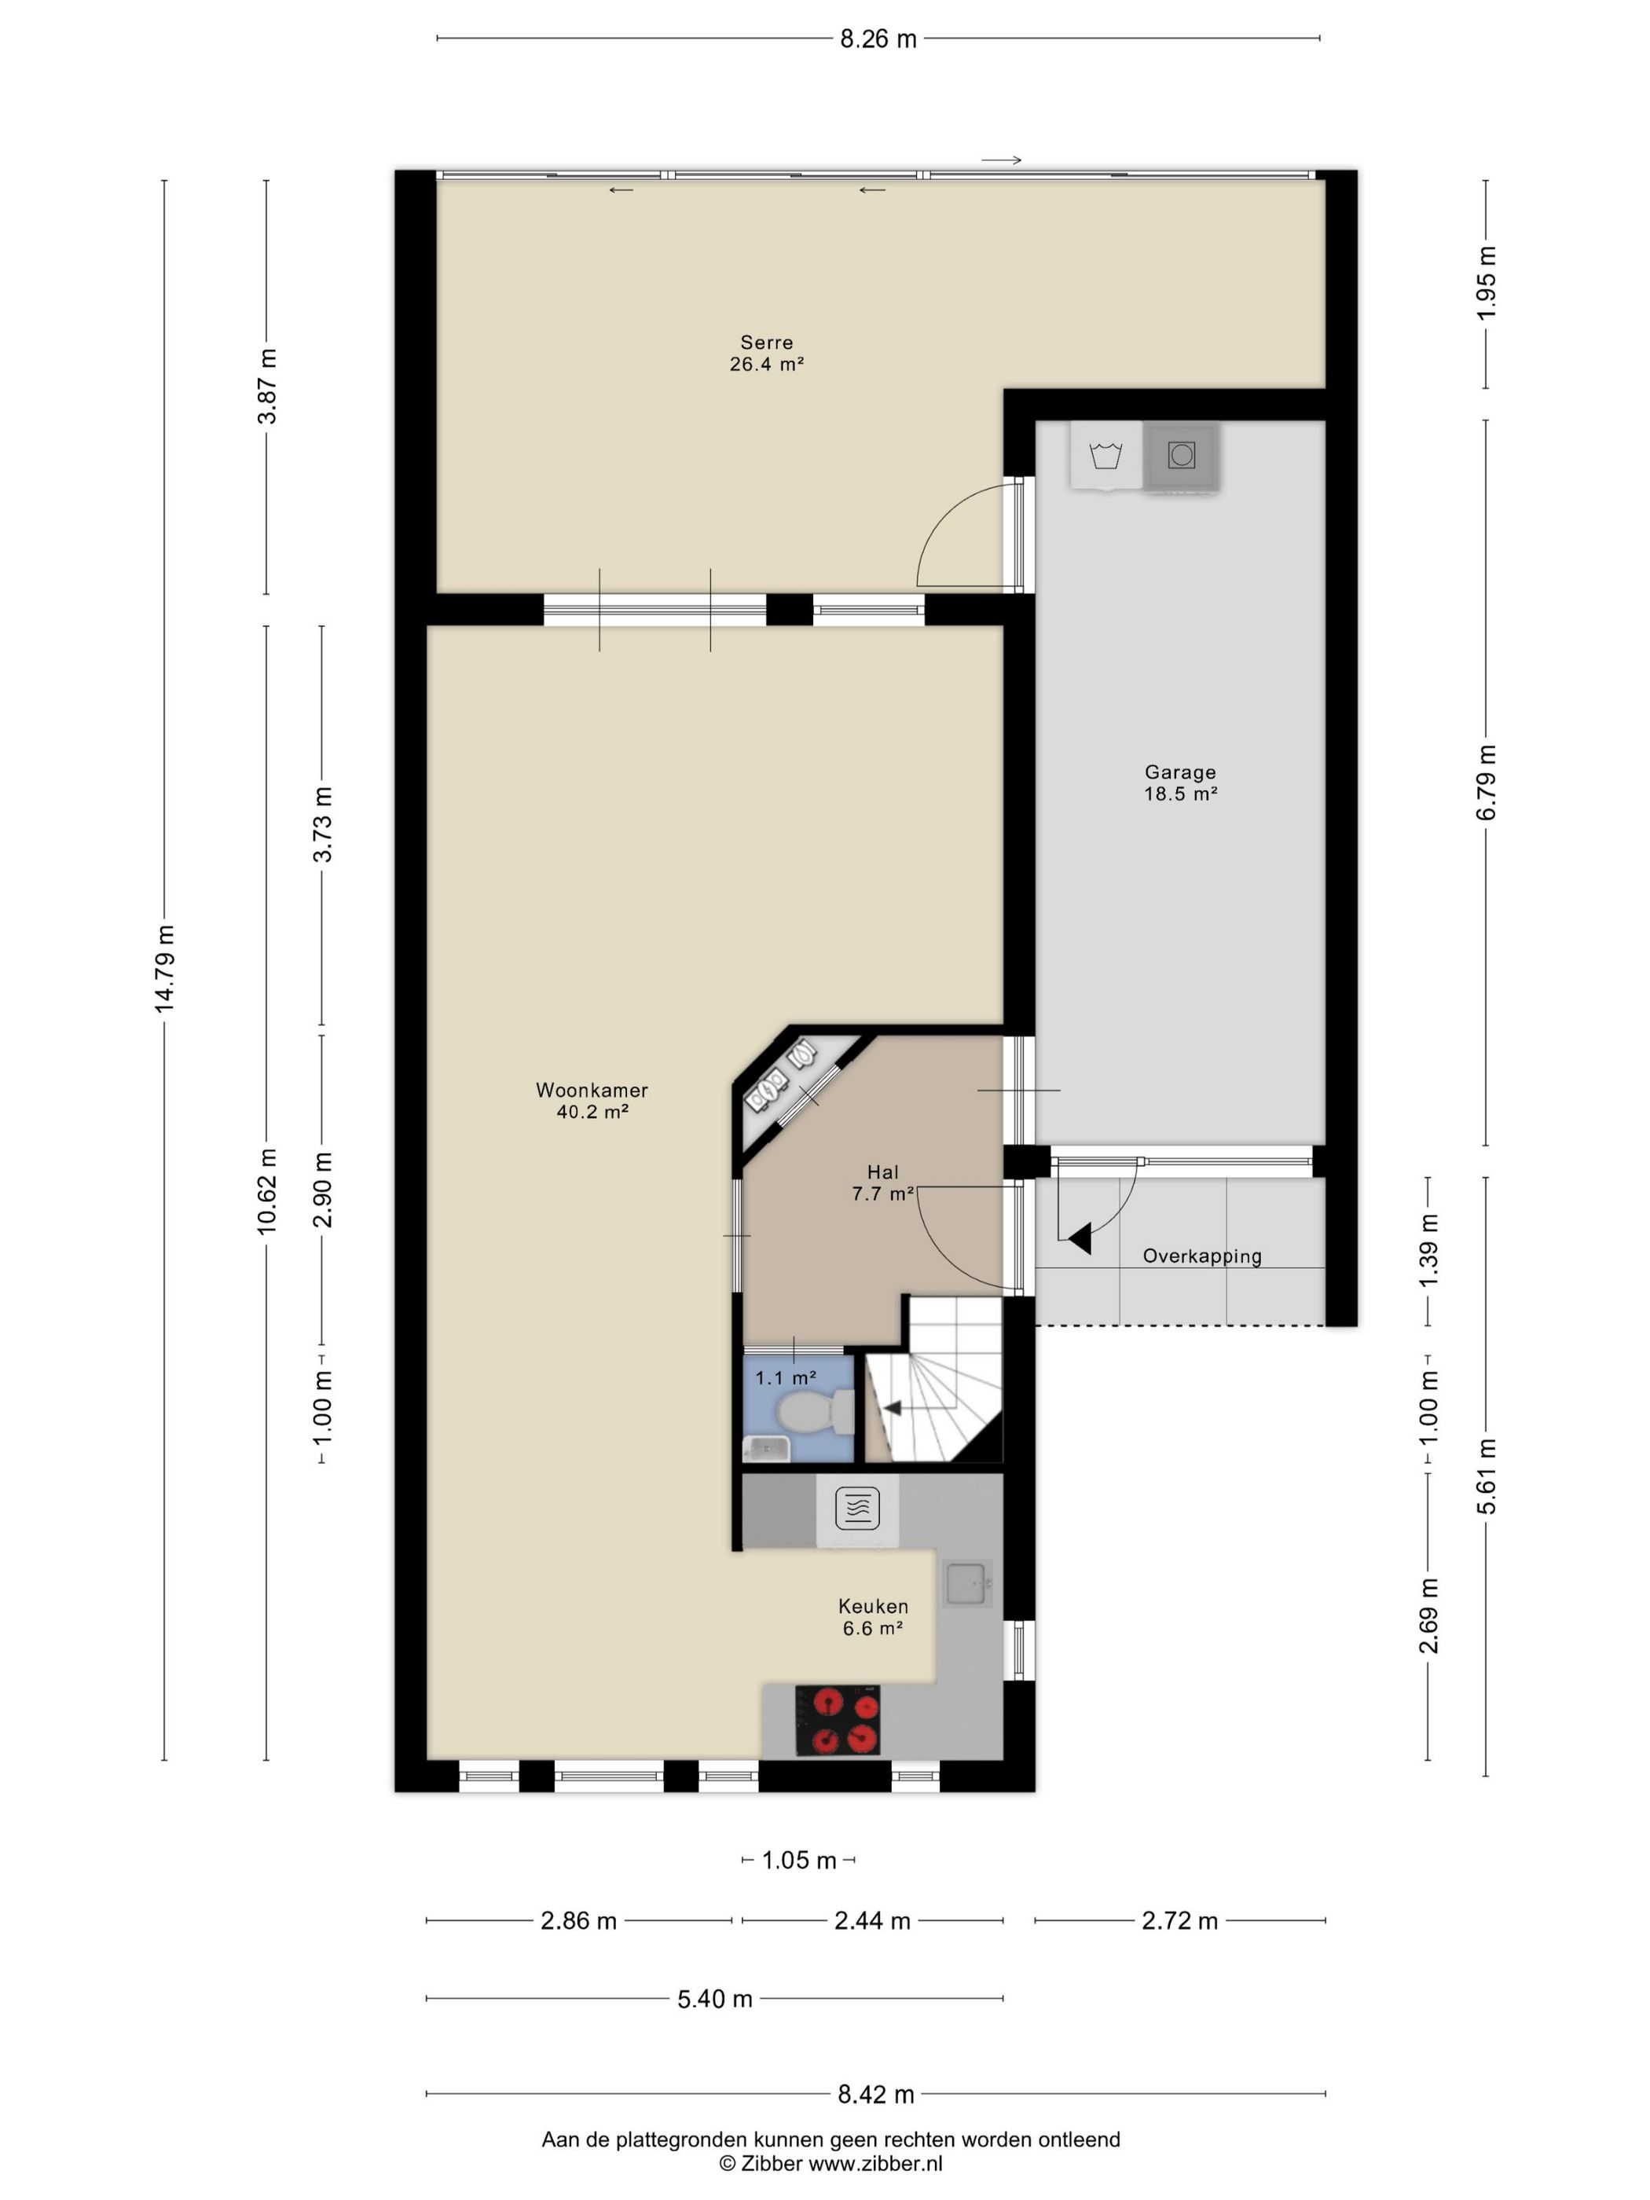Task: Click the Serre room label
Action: click(x=766, y=342)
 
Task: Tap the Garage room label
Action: click(x=1179, y=772)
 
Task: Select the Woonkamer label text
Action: click(x=592, y=1090)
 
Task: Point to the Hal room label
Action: click(x=882, y=1172)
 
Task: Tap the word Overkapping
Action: click(x=1201, y=1256)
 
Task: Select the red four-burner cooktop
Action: click(x=838, y=1721)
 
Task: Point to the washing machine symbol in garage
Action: click(x=1106, y=456)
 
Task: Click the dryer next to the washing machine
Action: click(x=1181, y=456)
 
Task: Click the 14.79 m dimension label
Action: click(x=164, y=969)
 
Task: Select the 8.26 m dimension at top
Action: click(x=878, y=38)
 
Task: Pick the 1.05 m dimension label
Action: click(x=798, y=1860)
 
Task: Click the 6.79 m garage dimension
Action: click(x=1486, y=783)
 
